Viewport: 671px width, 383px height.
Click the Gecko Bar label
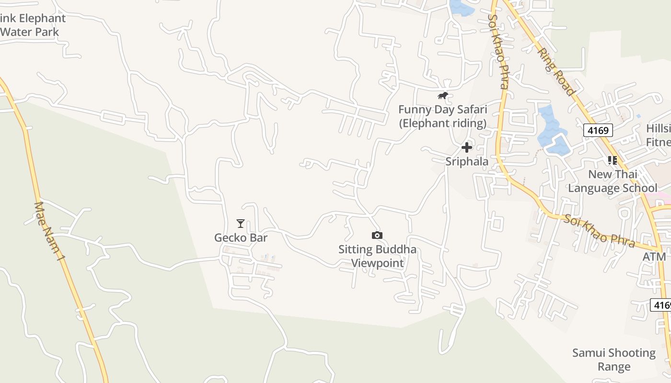[x=241, y=237]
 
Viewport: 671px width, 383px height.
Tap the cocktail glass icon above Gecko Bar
[x=241, y=224]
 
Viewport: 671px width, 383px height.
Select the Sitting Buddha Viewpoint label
[x=377, y=256]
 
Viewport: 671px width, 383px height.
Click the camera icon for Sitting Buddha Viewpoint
[x=377, y=235]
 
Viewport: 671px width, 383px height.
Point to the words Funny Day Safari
[x=442, y=110]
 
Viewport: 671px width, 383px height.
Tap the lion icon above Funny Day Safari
[x=443, y=96]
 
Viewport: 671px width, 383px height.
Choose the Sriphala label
[x=467, y=161]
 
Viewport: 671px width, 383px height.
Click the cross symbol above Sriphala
[x=467, y=147]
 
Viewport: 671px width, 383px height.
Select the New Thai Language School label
[x=613, y=181]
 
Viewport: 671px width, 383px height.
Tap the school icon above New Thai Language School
[x=613, y=160]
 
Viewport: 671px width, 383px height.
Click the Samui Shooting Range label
[x=614, y=360]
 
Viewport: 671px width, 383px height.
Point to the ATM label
[x=654, y=257]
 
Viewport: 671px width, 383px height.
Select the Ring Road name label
[x=556, y=70]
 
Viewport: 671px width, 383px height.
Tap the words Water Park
[x=30, y=32]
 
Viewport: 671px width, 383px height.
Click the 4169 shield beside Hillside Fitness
[x=598, y=130]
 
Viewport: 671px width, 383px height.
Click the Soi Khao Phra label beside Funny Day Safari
[x=498, y=51]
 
